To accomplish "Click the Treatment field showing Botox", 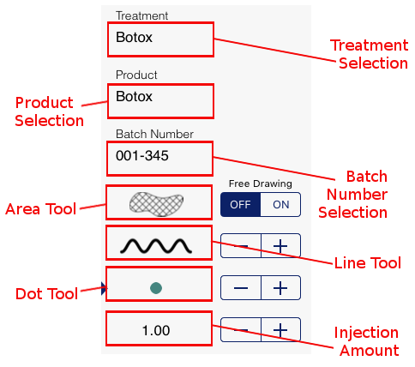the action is [160, 39].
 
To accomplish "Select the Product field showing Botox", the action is [160, 101].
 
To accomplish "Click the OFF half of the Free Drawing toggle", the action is [241, 205].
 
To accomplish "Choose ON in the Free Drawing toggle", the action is [281, 205].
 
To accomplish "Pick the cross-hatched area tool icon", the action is [156, 204].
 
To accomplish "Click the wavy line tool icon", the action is [156, 246].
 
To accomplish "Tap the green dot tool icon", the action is [156, 288].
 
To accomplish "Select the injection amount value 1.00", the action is [156, 331].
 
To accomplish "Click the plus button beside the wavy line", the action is [280, 246].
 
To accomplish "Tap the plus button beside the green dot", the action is [280, 288].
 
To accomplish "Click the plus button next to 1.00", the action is [280, 330].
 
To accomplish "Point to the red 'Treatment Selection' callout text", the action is [370, 54].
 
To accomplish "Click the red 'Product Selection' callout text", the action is [50, 111].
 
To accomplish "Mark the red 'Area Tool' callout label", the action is [41, 209].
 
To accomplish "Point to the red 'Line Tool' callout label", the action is [368, 262].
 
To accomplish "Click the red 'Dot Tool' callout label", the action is [46, 294].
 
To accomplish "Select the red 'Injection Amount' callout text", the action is [367, 341].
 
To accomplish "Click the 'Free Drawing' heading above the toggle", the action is [261, 183].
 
